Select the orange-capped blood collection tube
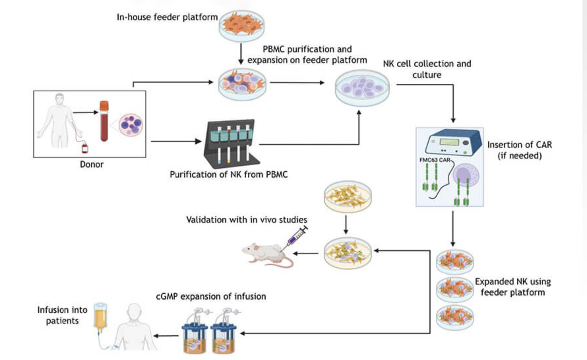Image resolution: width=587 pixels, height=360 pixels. (104, 121)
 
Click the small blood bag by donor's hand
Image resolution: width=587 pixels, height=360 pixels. (85, 148)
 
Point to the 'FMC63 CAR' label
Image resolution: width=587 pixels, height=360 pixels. (435, 160)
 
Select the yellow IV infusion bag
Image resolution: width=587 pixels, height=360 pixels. (100, 315)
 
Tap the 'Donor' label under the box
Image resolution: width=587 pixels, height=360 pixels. (92, 165)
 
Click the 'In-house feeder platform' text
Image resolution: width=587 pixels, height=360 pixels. (167, 17)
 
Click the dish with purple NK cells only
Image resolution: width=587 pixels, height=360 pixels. (362, 88)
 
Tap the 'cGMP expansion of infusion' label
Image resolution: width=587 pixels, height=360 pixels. (211, 296)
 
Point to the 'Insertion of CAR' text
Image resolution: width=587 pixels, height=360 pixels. (519, 145)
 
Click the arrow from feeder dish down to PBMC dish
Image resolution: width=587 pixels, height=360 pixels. (241, 53)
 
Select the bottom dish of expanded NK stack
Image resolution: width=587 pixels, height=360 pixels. (455, 317)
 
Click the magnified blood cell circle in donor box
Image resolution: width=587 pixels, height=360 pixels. (131, 125)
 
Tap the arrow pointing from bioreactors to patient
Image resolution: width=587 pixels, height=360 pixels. (166, 336)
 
